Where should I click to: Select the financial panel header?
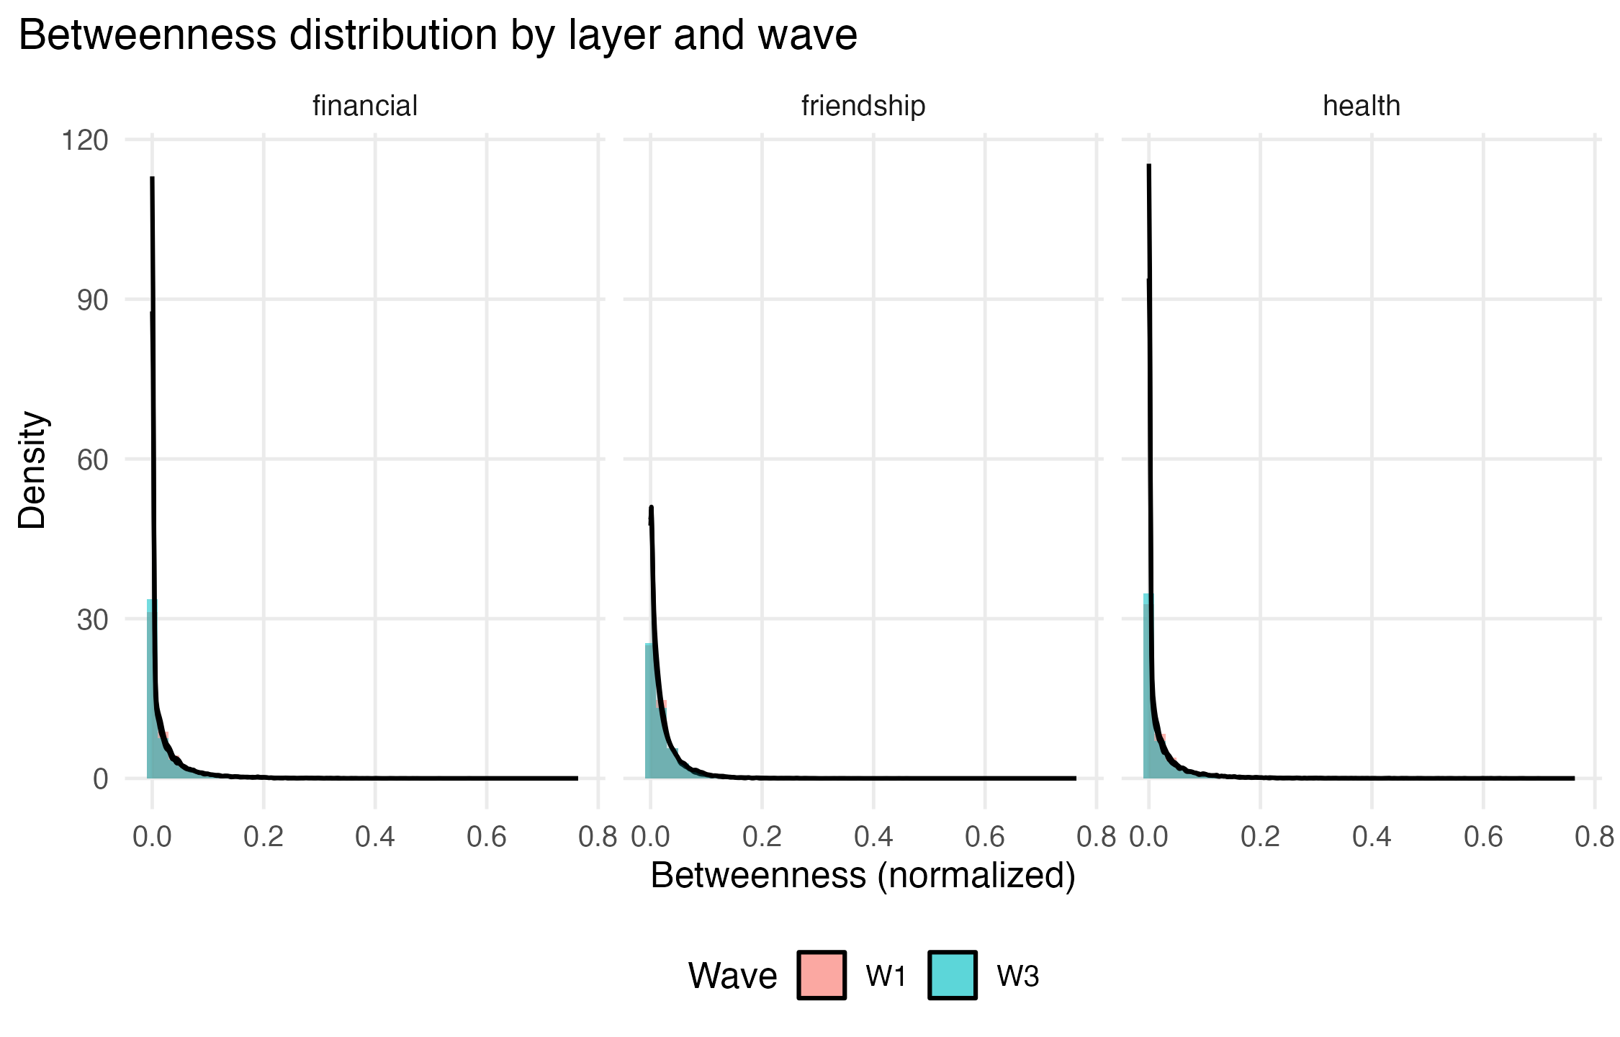[x=364, y=106]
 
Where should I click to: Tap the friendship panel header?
[x=863, y=106]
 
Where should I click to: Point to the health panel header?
[x=1361, y=106]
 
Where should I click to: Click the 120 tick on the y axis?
[x=85, y=140]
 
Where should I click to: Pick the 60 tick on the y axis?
[x=92, y=459]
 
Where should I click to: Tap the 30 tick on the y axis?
[x=92, y=619]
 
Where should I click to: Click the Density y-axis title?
[x=32, y=470]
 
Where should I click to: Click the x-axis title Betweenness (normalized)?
[x=863, y=876]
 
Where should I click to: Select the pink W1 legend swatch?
[x=821, y=976]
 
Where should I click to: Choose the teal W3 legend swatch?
[x=952, y=976]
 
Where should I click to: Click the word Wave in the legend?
[x=732, y=977]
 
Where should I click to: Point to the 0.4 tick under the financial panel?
[x=375, y=837]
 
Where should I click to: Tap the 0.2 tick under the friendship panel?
[x=762, y=837]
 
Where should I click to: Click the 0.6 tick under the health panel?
[x=1483, y=837]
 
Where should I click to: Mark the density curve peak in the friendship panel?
[x=651, y=508]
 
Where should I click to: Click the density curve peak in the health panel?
[x=1148, y=167]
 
